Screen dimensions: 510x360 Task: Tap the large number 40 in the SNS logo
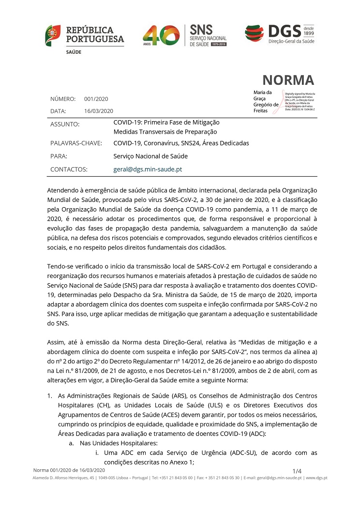(x=162, y=35)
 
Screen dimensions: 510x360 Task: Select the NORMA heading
(x=288, y=80)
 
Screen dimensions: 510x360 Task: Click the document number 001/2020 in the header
(x=96, y=99)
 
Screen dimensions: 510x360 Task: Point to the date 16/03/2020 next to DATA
(x=99, y=111)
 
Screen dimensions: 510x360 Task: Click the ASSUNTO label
(x=64, y=124)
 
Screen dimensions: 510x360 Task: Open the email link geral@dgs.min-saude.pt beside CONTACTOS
(x=148, y=170)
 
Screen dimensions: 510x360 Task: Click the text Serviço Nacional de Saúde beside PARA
(x=150, y=156)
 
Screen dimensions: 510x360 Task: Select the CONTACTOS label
(x=69, y=170)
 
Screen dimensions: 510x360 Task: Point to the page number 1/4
(x=297, y=471)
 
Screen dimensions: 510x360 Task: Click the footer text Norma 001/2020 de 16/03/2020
(x=69, y=470)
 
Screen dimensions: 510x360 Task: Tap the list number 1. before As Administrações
(x=49, y=395)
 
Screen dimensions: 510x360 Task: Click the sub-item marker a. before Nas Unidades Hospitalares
(x=71, y=443)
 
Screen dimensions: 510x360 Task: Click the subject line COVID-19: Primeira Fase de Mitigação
(x=166, y=123)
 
